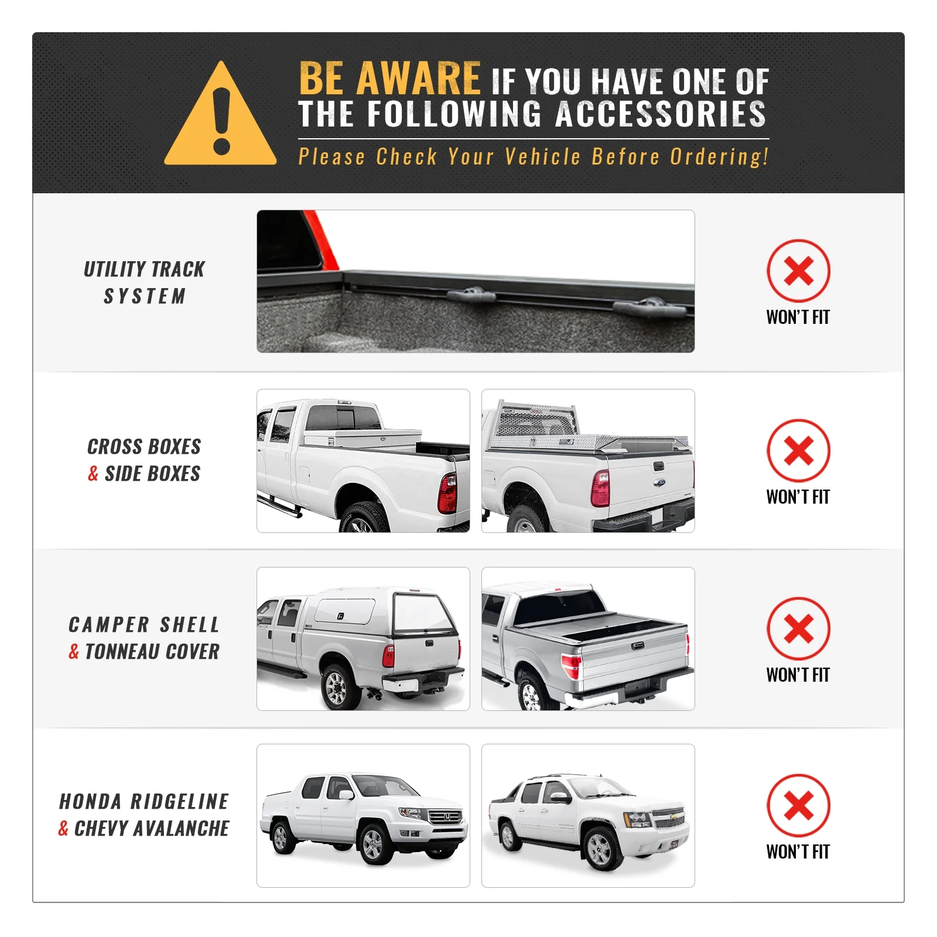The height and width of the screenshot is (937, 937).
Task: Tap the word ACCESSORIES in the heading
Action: [661, 114]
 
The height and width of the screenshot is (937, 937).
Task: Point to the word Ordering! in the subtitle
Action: [719, 156]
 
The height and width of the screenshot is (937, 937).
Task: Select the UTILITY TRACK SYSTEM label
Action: [145, 282]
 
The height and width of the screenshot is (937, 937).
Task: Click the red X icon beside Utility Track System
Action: [798, 271]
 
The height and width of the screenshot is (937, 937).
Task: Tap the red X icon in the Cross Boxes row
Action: [798, 450]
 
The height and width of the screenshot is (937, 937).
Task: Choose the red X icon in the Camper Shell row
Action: [798, 628]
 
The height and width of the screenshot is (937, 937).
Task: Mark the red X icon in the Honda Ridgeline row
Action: [798, 805]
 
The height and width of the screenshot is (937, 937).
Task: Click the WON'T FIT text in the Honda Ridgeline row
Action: [798, 851]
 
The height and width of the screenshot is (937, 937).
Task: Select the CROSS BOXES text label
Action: [144, 447]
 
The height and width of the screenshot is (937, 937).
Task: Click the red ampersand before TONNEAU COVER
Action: [74, 651]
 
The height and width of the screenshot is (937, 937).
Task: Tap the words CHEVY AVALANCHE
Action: [152, 829]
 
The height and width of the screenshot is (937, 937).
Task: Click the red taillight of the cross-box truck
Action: [447, 493]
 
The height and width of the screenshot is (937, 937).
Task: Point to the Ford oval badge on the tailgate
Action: [659, 483]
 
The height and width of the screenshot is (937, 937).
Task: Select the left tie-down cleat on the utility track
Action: [472, 294]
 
